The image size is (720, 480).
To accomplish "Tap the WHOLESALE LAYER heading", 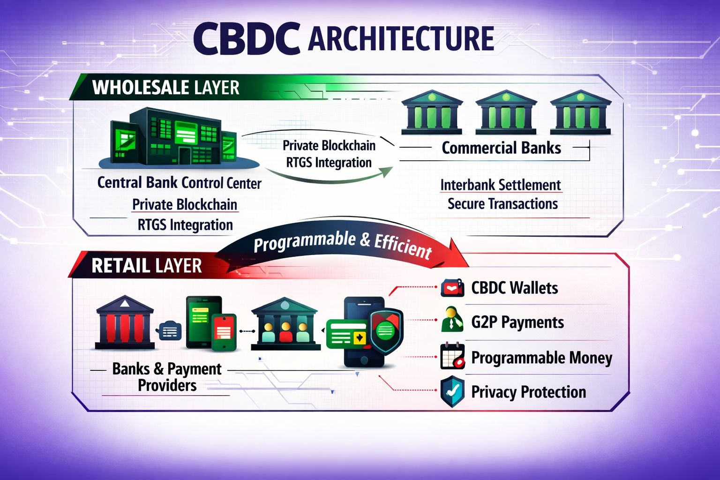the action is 165,88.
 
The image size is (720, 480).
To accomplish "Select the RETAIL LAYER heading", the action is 146,266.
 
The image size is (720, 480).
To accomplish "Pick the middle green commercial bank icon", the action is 506,112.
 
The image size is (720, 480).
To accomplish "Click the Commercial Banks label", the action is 501,148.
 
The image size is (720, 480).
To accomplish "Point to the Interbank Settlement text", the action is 500,185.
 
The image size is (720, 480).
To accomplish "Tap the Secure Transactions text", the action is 502,204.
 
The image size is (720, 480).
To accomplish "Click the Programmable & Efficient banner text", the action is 342,244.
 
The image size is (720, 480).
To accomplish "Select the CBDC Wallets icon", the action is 452,288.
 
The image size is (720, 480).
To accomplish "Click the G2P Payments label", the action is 517,322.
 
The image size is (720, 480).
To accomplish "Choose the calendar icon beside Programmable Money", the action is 452,357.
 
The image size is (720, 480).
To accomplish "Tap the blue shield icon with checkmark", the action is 452,391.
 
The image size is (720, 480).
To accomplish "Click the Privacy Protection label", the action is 528,392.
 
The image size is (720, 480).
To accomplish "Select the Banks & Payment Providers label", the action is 167,377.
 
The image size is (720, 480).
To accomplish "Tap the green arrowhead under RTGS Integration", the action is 386,172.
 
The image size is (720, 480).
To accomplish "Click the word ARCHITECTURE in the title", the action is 401,39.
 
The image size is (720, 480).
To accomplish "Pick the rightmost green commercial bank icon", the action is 580,112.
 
